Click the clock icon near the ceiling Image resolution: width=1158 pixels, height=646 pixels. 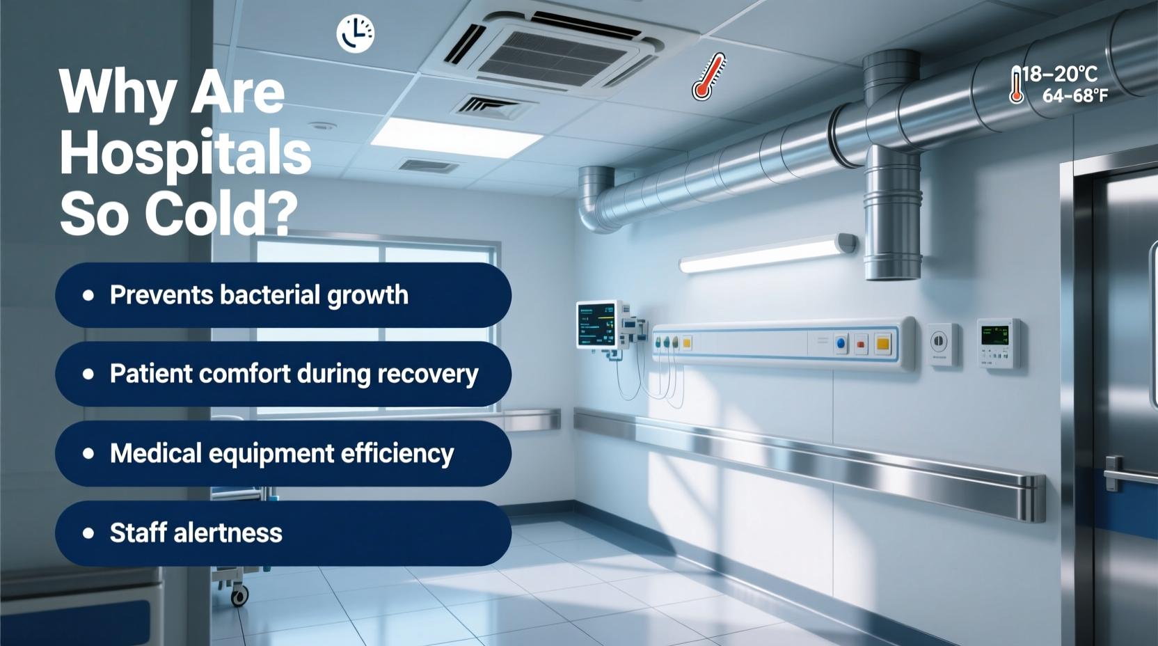pos(356,33)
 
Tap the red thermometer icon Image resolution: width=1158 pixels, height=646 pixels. pos(708,77)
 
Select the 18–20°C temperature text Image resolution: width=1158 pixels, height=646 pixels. pos(1059,74)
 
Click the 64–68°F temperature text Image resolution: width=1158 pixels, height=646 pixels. pos(1074,96)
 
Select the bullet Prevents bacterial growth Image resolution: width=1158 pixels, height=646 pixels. pos(258,295)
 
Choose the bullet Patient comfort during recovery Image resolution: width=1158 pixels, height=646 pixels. pos(293,375)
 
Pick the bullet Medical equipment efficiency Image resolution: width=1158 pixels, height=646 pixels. pos(281,454)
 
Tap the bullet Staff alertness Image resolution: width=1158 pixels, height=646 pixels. pos(196,533)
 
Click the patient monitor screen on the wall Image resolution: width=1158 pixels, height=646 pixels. pos(597,324)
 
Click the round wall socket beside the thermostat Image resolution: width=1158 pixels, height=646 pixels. pos(939,342)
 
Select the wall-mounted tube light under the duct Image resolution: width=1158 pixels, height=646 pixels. pos(766,253)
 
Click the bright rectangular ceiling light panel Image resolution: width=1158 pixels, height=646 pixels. pos(456,137)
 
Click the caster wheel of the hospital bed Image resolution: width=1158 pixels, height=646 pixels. pos(240,596)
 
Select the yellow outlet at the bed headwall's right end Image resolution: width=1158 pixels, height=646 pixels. pos(883,343)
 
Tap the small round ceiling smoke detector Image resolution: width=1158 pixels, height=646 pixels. pos(323,126)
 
